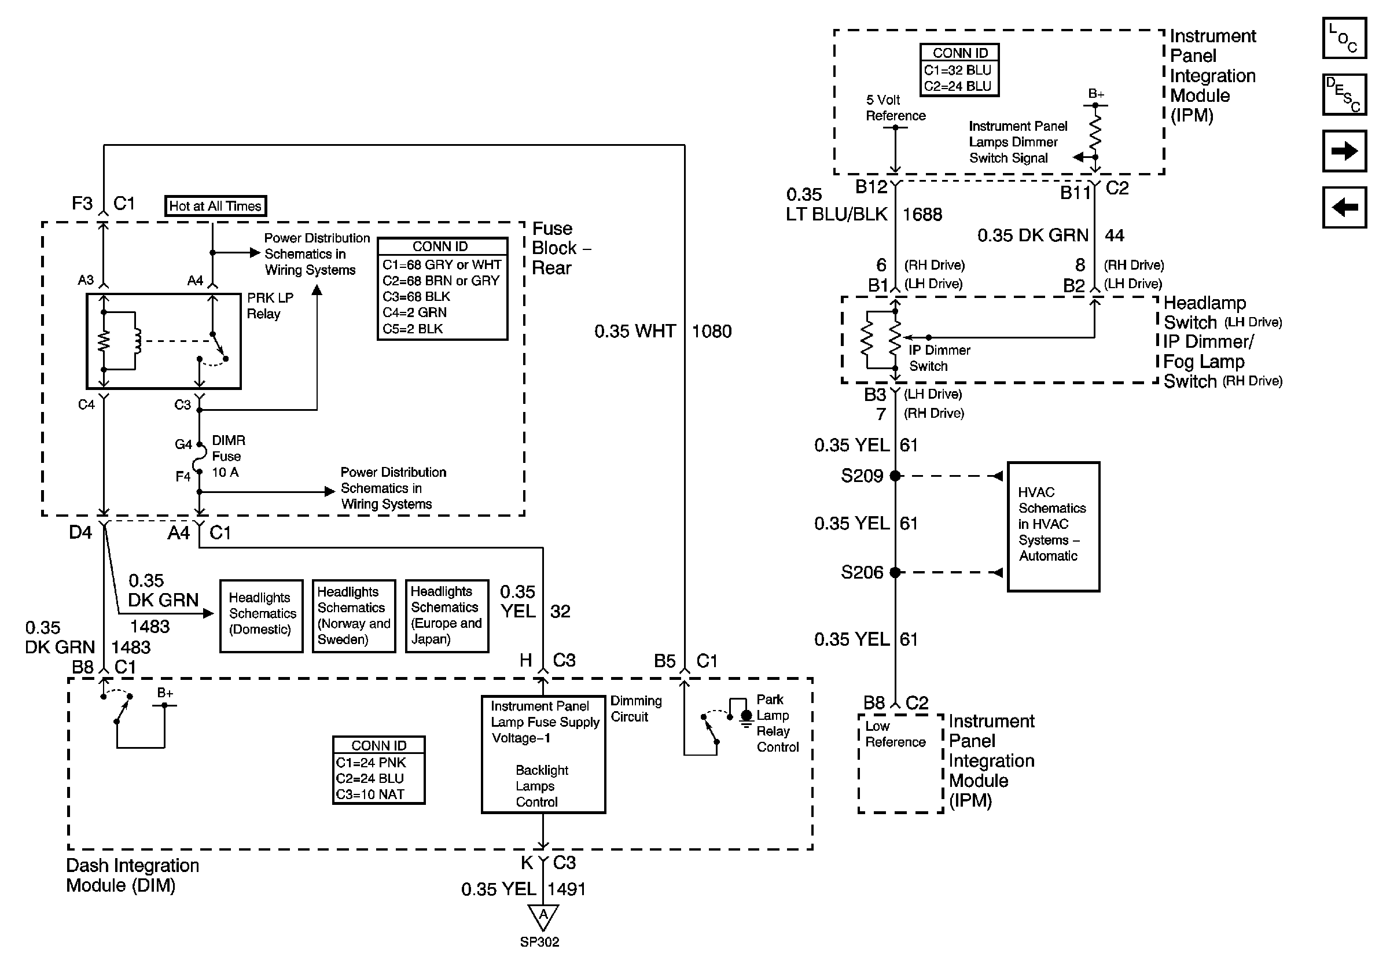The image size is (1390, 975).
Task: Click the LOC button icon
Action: click(1343, 38)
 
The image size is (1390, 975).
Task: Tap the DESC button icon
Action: click(1343, 94)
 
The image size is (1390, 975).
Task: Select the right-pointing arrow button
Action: click(1343, 150)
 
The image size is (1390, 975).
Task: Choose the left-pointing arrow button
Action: click(1343, 208)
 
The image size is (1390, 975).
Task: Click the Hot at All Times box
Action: click(215, 206)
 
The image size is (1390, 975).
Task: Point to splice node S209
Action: click(895, 476)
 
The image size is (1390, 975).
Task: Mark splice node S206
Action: click(895, 572)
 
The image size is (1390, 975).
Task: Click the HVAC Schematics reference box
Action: click(1053, 526)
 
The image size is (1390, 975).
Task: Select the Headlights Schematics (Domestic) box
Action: click(261, 616)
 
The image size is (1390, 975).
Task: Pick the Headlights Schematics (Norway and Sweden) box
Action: click(354, 616)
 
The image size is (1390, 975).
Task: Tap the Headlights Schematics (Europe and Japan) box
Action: click(447, 616)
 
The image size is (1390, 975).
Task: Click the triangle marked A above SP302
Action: click(543, 915)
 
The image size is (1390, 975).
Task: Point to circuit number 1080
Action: click(711, 332)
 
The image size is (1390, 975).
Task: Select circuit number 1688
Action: click(922, 215)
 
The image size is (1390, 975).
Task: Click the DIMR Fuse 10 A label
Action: click(227, 457)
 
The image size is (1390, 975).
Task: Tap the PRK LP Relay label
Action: click(270, 306)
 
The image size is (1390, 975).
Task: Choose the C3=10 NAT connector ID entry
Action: click(370, 794)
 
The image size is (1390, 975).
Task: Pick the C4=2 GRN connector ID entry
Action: click(415, 313)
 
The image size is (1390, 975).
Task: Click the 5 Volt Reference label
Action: click(895, 108)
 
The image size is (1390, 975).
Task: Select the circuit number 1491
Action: click(567, 889)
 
